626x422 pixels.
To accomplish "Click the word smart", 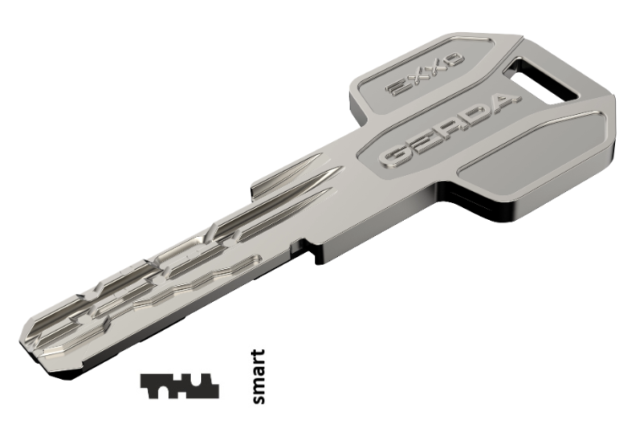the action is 259,377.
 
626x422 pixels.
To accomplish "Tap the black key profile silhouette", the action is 179,386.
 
